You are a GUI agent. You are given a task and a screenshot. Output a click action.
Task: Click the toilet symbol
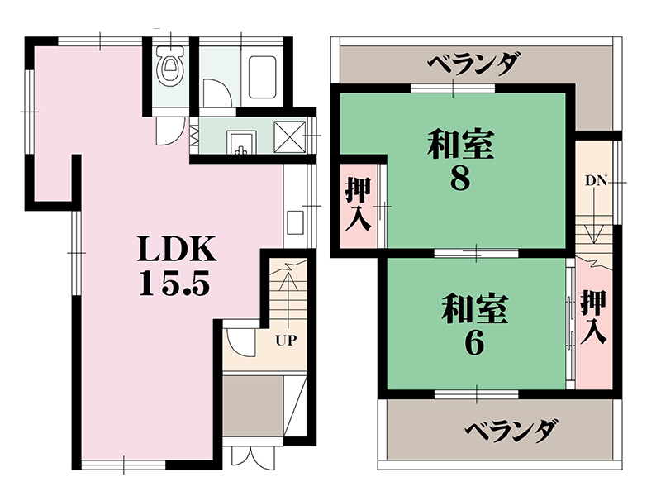click(170, 66)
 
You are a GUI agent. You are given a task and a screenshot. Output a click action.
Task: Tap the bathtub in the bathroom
click(262, 78)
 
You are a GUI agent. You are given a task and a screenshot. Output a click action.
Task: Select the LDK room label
click(178, 250)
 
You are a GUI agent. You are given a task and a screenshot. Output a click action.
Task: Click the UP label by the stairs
click(287, 340)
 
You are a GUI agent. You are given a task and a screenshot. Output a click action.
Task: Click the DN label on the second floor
click(596, 181)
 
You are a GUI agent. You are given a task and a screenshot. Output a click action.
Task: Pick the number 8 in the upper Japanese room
click(460, 179)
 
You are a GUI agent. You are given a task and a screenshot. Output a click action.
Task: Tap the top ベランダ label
click(473, 64)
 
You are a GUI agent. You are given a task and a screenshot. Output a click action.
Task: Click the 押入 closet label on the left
click(359, 204)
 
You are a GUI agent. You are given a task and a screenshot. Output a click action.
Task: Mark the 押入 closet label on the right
click(593, 317)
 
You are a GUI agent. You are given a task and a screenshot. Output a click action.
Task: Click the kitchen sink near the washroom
click(241, 142)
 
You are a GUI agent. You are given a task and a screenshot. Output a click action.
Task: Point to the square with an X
click(290, 136)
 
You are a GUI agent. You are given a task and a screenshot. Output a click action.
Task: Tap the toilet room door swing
click(170, 131)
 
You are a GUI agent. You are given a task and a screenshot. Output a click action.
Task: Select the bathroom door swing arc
click(217, 93)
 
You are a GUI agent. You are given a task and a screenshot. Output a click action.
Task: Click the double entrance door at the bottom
click(253, 455)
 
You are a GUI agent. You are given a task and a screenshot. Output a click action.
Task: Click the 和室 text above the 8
click(460, 144)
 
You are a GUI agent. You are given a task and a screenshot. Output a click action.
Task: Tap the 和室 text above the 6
click(474, 308)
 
